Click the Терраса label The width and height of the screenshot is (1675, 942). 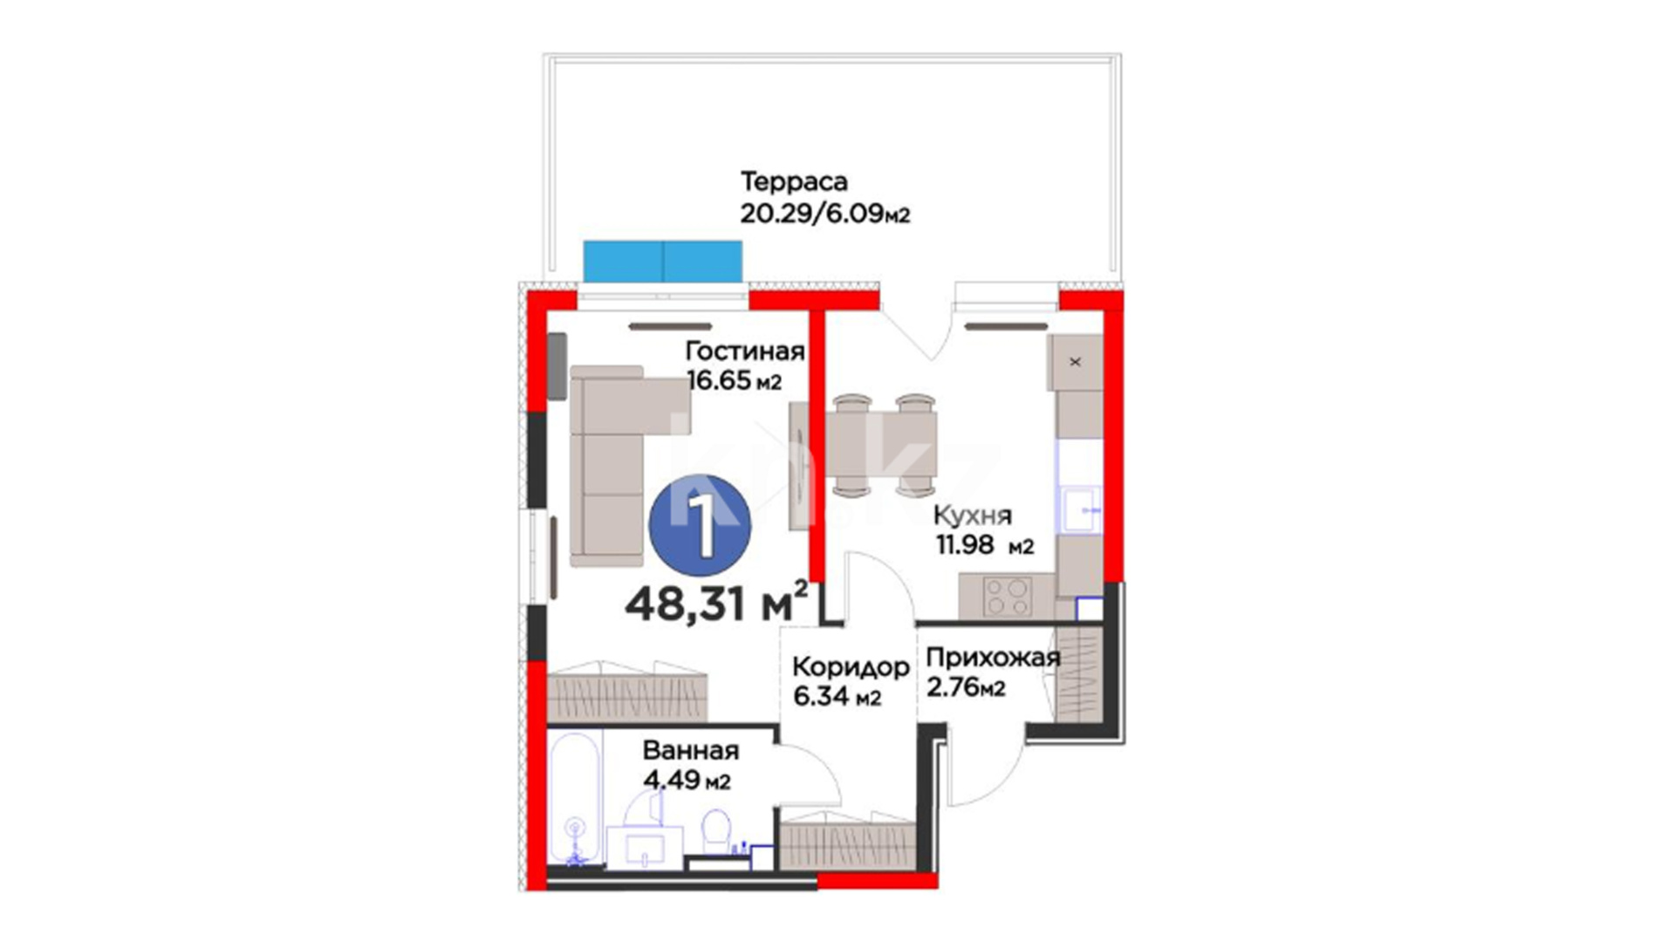(794, 182)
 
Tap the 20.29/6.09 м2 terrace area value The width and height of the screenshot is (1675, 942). (825, 214)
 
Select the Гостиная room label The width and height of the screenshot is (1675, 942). (744, 351)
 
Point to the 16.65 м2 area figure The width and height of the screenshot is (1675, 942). (734, 381)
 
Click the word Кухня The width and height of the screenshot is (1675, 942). (973, 515)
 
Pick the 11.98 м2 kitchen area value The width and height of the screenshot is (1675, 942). (985, 545)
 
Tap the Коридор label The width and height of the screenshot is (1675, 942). (851, 667)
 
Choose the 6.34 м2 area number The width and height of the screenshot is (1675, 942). (837, 697)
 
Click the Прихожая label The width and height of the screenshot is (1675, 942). (993, 658)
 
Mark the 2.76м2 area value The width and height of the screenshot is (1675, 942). (966, 687)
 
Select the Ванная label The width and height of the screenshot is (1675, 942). (691, 751)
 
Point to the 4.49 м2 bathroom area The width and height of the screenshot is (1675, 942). (687, 780)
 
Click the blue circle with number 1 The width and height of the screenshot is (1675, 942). (701, 525)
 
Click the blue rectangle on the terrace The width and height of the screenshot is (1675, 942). (663, 262)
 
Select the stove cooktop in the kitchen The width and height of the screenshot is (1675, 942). (1007, 597)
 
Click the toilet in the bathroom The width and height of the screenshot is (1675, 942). (716, 833)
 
